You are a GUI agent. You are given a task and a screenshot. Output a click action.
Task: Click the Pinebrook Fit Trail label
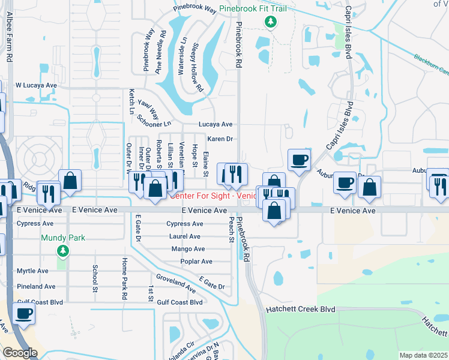point(252,8)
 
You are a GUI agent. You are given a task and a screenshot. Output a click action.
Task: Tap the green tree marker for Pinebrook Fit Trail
point(271,22)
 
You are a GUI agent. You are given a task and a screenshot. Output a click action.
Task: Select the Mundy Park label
point(63,238)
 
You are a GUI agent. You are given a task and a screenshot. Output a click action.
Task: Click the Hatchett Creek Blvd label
point(293,309)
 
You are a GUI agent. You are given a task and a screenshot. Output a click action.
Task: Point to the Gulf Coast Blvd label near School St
point(40,302)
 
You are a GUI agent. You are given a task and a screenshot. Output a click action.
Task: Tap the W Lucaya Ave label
point(36,85)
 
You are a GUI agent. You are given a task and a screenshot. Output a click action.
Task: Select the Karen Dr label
point(220,139)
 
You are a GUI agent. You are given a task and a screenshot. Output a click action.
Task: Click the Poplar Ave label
point(196,262)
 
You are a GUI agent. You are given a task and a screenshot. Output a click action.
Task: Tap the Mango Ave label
point(188,249)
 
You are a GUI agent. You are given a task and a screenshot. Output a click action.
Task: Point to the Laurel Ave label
point(185,236)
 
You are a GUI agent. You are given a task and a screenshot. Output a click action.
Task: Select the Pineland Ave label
point(36,287)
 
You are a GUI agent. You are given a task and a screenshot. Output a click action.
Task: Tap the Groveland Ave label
point(175,284)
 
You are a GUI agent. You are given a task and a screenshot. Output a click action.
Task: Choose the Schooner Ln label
point(154,121)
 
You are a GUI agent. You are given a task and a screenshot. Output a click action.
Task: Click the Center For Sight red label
point(214,196)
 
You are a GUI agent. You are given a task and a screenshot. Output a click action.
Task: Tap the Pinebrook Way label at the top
point(194,9)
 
